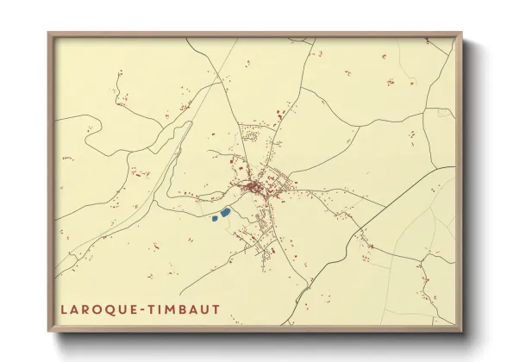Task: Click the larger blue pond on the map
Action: (226, 211)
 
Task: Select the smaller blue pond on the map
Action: (215, 218)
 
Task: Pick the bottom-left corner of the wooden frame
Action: (49, 332)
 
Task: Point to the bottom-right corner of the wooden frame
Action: (461, 332)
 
